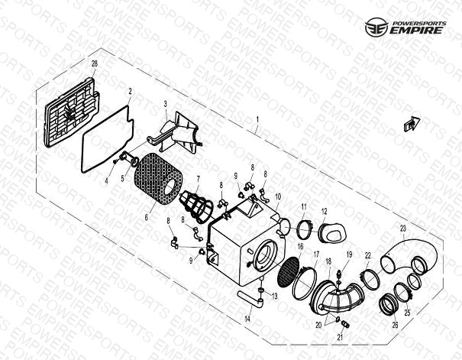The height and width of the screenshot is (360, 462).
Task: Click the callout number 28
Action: click(x=94, y=63)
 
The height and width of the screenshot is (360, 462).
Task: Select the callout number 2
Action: click(x=130, y=92)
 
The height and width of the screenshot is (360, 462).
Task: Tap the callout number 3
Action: click(x=165, y=104)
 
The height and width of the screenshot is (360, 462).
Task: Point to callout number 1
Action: click(x=257, y=120)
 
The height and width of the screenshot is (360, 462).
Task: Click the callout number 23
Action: click(x=402, y=229)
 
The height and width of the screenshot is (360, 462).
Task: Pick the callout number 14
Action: click(x=247, y=319)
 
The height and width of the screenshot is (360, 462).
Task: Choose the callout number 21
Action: click(x=340, y=337)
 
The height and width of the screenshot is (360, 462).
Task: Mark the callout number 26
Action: click(x=395, y=325)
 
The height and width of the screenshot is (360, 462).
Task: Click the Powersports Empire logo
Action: click(x=405, y=27)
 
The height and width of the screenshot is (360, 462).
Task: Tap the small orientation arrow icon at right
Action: click(x=412, y=124)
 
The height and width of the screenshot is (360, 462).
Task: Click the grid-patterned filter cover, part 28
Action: click(x=72, y=113)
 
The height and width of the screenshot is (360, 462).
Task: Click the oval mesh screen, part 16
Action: click(x=289, y=272)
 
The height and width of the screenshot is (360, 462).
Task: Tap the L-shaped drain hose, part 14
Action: click(x=250, y=297)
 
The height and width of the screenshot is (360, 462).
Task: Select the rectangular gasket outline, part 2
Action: click(x=108, y=138)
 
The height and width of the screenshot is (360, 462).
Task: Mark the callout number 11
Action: click(x=304, y=207)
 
